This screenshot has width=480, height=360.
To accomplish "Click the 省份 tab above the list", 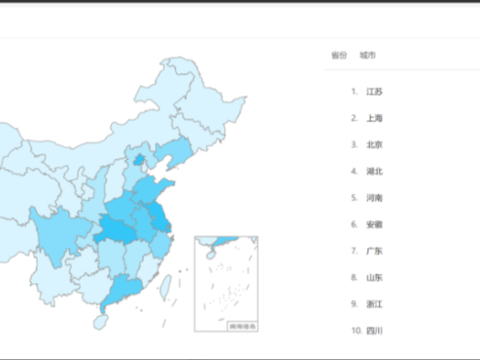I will (x=338, y=56).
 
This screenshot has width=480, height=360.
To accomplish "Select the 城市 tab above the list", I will (x=367, y=56).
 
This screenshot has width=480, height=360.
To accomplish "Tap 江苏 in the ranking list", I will (x=374, y=92).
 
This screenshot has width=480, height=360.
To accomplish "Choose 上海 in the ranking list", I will (x=374, y=118).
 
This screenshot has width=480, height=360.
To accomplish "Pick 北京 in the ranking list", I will (x=374, y=145).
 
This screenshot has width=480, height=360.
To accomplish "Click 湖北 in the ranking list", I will (x=374, y=172).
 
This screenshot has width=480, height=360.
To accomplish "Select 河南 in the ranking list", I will (x=374, y=198).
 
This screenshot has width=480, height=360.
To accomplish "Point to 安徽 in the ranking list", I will (x=374, y=225).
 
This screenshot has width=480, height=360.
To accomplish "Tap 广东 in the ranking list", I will (x=374, y=252).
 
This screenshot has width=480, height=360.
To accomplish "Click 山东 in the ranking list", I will (x=374, y=278).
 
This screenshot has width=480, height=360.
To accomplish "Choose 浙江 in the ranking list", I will (x=374, y=305).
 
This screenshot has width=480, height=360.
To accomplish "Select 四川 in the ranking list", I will (x=374, y=331).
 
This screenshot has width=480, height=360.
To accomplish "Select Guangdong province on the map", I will (x=122, y=288).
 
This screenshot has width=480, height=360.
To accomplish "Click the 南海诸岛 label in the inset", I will (x=241, y=326).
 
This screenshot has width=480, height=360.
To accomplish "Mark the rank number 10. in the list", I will (x=356, y=331).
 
